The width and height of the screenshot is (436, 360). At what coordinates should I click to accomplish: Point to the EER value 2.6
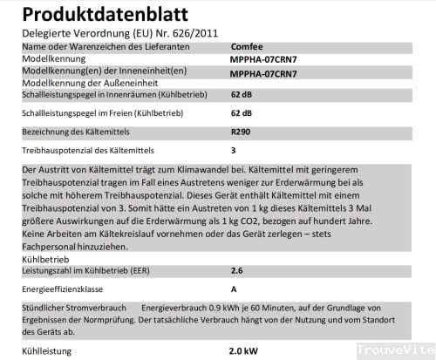(237, 271)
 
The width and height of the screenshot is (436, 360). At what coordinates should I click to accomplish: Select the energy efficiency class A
(234, 289)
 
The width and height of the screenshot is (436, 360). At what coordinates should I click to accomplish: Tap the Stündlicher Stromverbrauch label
(74, 309)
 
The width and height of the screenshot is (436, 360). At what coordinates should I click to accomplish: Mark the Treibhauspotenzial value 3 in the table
(234, 150)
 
